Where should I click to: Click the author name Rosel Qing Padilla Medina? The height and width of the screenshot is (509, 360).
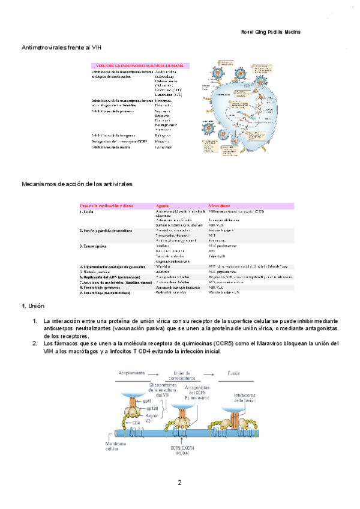[270, 32]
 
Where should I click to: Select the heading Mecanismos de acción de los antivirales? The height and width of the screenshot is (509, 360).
[77, 183]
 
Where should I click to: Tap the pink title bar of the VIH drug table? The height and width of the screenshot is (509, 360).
[139, 65]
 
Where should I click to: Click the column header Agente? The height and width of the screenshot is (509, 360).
[163, 206]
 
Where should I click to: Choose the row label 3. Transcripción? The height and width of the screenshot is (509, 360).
[94, 246]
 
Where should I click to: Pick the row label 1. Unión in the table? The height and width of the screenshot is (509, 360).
[86, 212]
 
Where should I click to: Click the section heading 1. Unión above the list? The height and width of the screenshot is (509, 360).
[34, 307]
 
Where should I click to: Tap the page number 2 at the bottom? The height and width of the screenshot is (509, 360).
[179, 483]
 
